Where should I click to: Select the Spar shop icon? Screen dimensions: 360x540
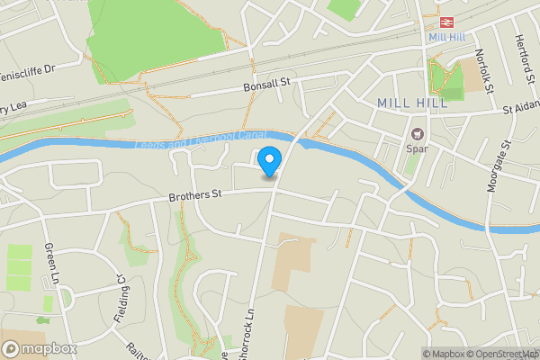tap(418, 134)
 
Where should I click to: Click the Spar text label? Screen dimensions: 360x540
tap(417, 148)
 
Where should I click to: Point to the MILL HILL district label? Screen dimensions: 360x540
tap(411, 103)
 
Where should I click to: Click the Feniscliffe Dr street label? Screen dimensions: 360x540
tap(27, 69)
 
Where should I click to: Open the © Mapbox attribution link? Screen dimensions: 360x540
tap(443, 354)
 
